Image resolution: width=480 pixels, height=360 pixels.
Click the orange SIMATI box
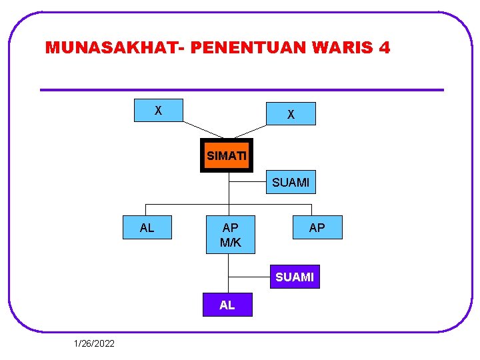coord(227,155)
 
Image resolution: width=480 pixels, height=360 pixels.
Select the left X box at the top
coord(158,110)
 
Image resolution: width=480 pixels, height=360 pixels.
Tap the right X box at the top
coord(291,114)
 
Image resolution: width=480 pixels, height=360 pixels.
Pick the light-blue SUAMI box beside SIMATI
coord(291,181)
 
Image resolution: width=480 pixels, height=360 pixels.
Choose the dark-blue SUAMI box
coord(294,277)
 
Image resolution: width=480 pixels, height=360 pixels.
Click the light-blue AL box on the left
coord(147,228)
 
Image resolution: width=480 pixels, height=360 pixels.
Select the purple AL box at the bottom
coord(227,305)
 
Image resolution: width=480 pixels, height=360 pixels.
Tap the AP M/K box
coord(231,235)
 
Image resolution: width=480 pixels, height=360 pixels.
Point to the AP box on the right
coord(317,227)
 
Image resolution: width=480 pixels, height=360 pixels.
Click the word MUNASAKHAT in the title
coord(114,48)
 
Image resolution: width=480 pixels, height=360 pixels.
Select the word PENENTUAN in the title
coord(255,48)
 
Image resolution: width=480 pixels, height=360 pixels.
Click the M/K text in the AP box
coord(231,243)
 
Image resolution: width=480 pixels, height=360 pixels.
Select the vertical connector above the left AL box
coord(147,209)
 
